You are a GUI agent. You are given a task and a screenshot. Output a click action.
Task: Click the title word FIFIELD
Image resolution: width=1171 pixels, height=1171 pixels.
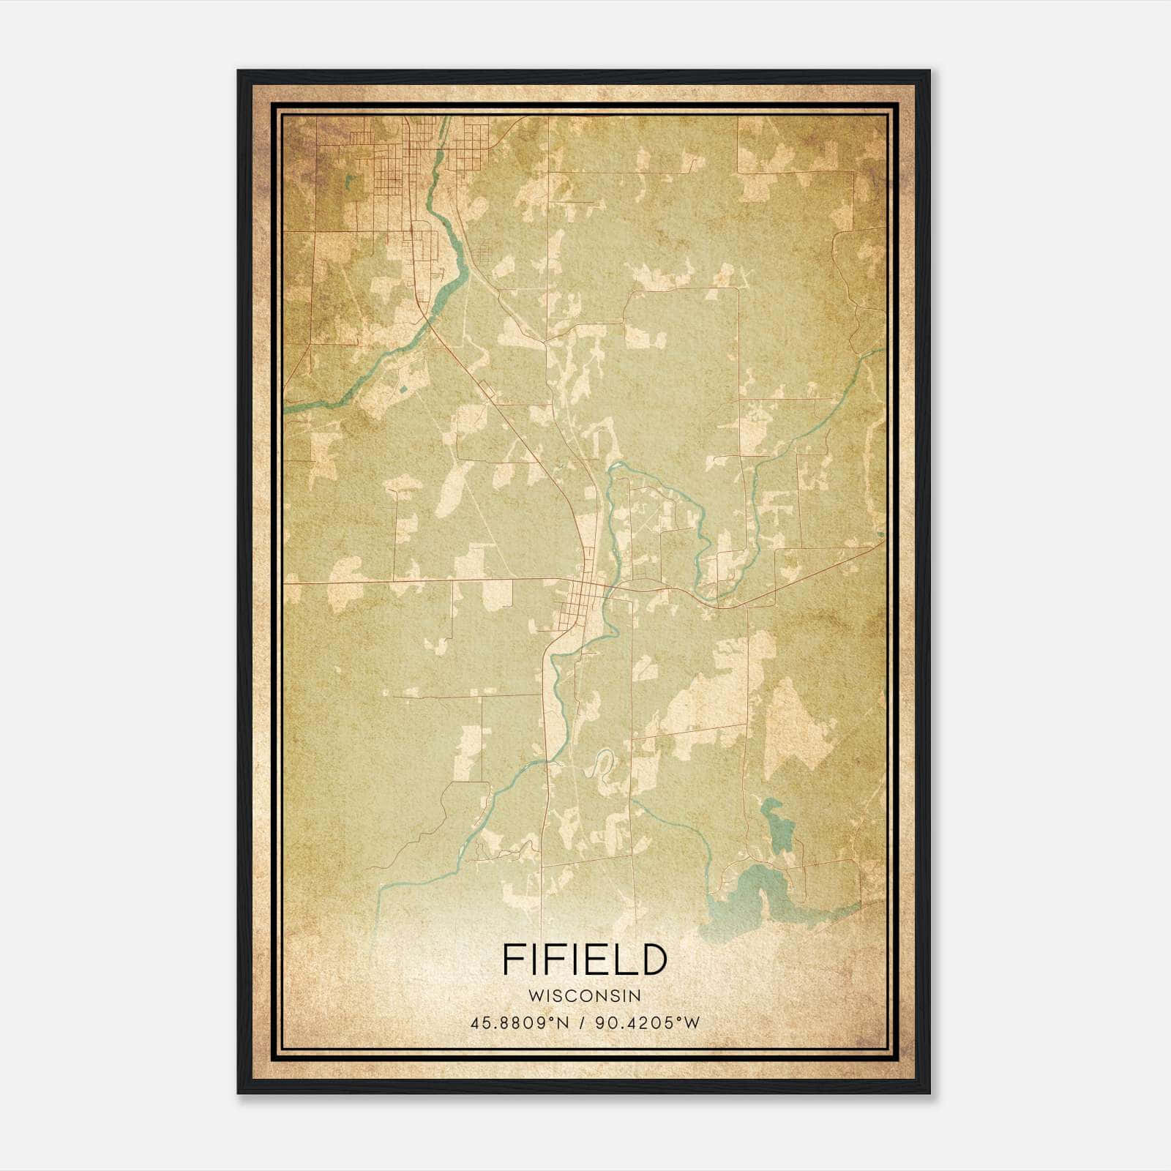pos(585,960)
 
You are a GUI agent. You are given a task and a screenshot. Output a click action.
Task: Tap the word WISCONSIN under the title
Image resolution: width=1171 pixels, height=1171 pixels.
pos(585,995)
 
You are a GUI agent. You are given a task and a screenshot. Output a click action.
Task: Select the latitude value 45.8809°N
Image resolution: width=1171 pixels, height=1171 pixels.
pos(520,1022)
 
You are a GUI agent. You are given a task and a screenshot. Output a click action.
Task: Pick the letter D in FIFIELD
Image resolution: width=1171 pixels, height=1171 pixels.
pos(653,960)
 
